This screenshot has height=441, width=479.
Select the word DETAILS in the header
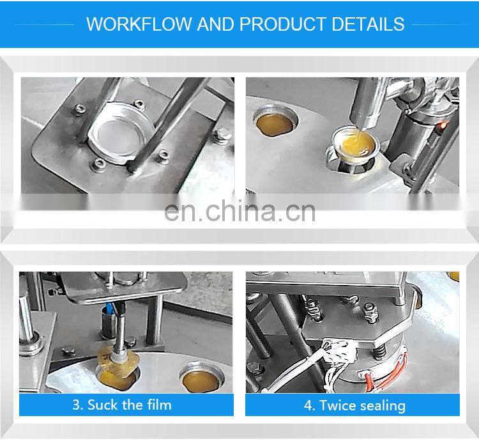368,24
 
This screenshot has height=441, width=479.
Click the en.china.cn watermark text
240,211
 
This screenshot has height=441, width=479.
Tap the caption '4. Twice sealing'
354,405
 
